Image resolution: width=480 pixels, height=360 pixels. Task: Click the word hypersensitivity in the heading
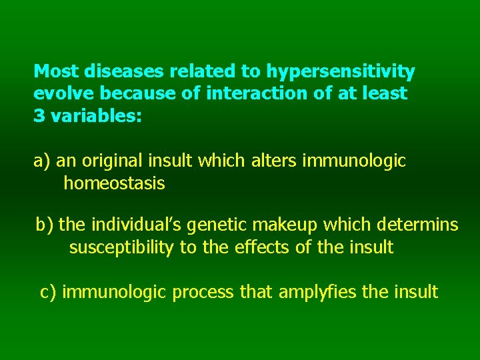[341, 71]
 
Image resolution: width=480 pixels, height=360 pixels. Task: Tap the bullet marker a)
[43, 161]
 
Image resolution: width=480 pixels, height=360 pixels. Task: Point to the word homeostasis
[114, 183]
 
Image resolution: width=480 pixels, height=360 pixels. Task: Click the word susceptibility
[122, 247]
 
